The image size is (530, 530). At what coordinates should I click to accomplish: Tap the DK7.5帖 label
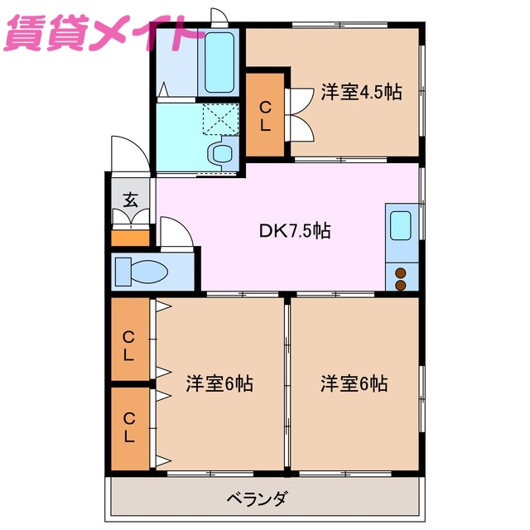(296, 231)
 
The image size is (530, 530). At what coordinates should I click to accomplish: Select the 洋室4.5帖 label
(361, 93)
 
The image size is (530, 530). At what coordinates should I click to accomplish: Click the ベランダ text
(258, 499)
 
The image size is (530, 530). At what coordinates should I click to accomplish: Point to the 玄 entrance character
(131, 200)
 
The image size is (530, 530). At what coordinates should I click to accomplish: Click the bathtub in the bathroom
(220, 62)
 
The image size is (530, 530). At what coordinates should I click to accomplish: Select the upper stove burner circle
(401, 272)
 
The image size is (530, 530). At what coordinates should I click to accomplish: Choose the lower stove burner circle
(401, 285)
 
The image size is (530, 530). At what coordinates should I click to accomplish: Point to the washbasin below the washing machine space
(222, 152)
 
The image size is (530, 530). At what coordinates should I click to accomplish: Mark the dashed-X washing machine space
(220, 119)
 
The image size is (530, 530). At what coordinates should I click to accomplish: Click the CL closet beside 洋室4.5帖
(265, 116)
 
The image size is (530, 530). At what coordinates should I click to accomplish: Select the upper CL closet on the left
(130, 345)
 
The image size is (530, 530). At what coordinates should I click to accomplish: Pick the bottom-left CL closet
(130, 426)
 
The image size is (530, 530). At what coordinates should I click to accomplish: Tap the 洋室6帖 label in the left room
(219, 384)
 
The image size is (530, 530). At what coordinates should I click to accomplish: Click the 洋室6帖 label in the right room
(354, 384)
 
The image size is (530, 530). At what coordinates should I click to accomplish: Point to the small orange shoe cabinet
(131, 238)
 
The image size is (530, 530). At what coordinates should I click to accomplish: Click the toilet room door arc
(176, 234)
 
